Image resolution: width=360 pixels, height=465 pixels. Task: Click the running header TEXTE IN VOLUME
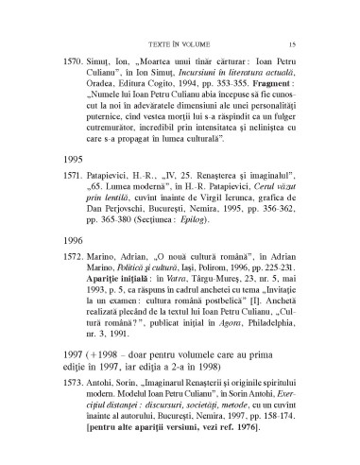(x=180, y=43)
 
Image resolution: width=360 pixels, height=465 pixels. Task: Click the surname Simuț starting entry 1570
(x=108, y=72)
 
